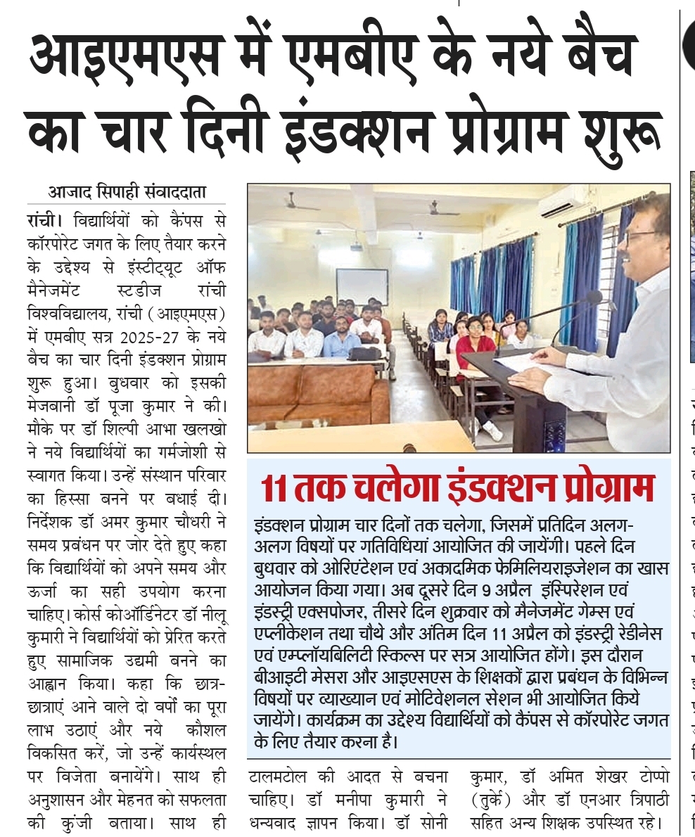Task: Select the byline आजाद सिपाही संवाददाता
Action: pyautogui.click(x=127, y=191)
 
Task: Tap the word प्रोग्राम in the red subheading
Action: pyautogui.click(x=604, y=488)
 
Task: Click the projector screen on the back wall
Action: pyautogui.click(x=362, y=286)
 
